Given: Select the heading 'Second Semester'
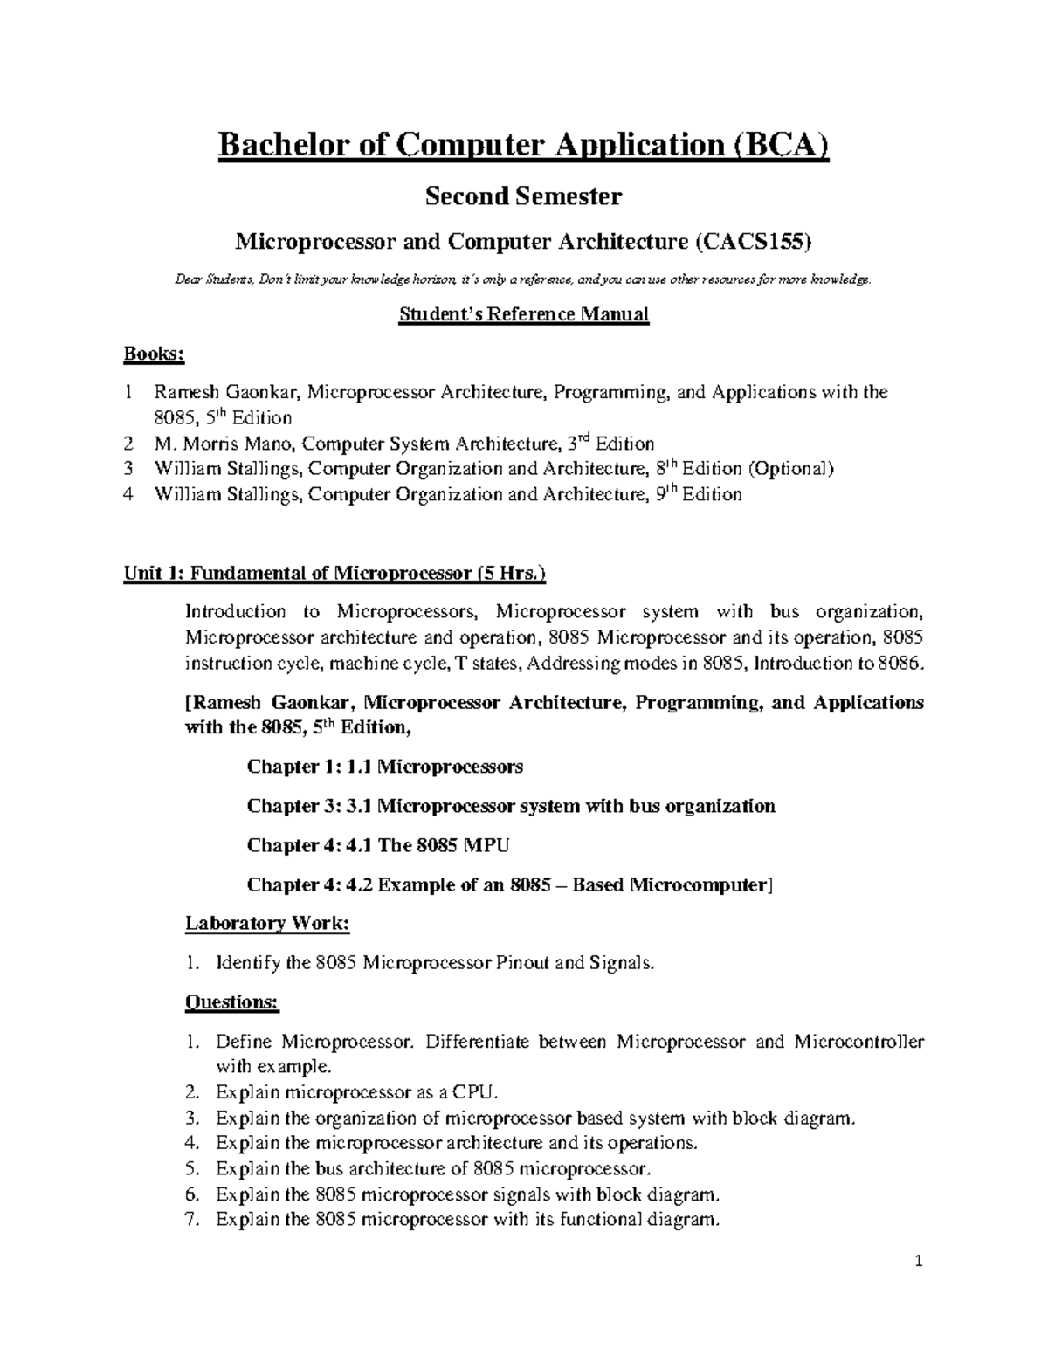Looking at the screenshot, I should (x=523, y=196).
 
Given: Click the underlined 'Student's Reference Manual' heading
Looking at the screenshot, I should (x=523, y=314).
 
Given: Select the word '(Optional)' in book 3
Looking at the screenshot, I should (x=791, y=469).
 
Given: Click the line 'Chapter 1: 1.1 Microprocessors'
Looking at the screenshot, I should (x=385, y=767).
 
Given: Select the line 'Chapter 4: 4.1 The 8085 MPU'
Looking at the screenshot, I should (x=378, y=845).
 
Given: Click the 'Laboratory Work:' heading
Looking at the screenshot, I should (x=267, y=924).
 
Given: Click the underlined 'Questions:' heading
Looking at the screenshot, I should (x=231, y=1002).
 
